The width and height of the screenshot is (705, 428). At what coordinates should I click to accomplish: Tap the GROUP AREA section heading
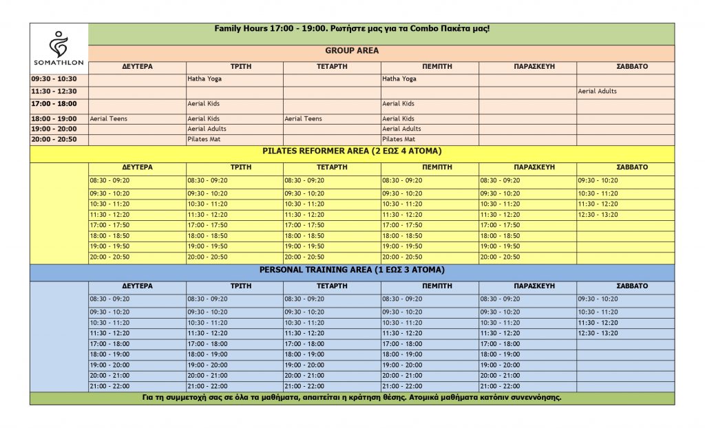(x=352, y=51)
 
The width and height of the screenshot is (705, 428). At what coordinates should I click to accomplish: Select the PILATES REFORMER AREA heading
(x=352, y=151)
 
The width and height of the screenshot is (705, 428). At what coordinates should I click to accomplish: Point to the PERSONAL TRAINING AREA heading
(x=352, y=270)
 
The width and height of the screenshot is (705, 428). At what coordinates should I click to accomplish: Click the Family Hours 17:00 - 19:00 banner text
(x=352, y=30)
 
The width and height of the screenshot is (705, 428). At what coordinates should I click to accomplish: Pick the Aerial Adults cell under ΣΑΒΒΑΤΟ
(x=598, y=92)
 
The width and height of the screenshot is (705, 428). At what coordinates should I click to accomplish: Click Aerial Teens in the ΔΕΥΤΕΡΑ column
(x=109, y=119)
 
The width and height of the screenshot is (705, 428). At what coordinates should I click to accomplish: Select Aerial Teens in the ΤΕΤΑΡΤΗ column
(x=304, y=119)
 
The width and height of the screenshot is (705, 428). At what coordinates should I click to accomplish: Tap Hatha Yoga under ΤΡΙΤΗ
(x=204, y=79)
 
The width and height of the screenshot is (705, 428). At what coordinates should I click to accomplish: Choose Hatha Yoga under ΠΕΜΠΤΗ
(x=399, y=79)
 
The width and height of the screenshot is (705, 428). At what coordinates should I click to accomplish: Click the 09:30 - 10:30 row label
(x=54, y=79)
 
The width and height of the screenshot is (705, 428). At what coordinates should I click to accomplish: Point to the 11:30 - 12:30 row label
(x=54, y=92)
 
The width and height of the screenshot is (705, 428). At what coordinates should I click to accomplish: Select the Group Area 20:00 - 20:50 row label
(x=54, y=140)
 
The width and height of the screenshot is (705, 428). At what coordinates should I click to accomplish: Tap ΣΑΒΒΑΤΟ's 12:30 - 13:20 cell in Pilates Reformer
(x=598, y=215)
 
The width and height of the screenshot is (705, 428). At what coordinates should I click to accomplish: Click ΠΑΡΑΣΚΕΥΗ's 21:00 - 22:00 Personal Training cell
(x=500, y=387)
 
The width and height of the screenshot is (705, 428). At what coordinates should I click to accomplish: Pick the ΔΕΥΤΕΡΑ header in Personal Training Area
(x=137, y=286)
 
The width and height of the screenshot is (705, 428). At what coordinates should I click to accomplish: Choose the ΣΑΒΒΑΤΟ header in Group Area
(x=625, y=67)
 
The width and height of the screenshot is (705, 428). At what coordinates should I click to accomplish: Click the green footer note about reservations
(x=352, y=398)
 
